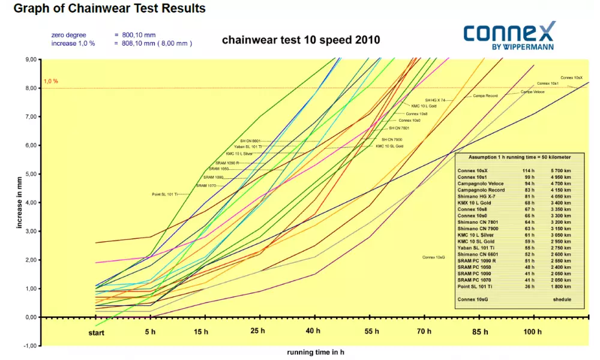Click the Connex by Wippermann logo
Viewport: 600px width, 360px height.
(x=509, y=35)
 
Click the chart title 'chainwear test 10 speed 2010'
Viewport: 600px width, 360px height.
(x=301, y=40)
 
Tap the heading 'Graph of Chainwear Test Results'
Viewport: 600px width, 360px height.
(x=109, y=8)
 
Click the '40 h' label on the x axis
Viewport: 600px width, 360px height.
(x=313, y=332)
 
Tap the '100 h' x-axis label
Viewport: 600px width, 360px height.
(x=532, y=332)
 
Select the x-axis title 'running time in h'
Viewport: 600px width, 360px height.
(x=316, y=353)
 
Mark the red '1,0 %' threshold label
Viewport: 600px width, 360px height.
(x=50, y=81)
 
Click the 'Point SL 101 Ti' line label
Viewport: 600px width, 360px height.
(x=165, y=194)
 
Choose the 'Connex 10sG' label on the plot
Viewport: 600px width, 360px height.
(x=434, y=257)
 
